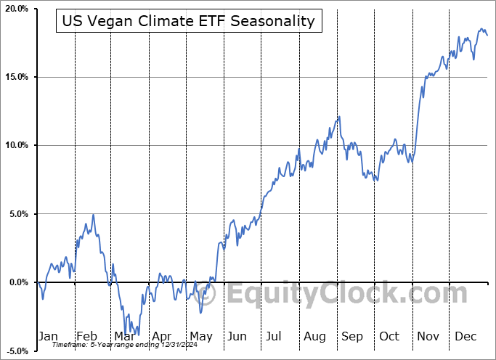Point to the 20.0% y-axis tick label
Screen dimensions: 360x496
(15, 9)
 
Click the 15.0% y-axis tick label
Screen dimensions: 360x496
(15, 77)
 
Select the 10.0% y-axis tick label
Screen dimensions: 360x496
(15, 145)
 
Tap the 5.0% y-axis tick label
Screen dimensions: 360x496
(17, 214)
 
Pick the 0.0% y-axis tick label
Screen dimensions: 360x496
(17, 282)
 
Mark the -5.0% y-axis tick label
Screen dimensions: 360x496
(16, 351)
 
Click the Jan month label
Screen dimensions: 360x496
(47, 336)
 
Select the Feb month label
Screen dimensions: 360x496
(86, 336)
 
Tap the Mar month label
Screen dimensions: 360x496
(124, 336)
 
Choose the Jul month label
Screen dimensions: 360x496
(275, 336)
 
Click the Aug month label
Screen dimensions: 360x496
(314, 336)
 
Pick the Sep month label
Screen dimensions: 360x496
(352, 336)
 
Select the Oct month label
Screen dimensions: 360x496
(390, 336)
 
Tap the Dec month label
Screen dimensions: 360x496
(465, 336)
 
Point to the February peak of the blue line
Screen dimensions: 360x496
(93, 215)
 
